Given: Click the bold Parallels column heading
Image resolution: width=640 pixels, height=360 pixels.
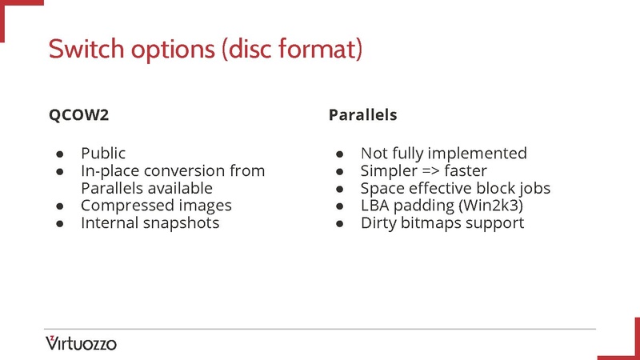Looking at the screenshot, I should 362,115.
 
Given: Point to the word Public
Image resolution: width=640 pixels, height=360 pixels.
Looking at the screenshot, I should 103,153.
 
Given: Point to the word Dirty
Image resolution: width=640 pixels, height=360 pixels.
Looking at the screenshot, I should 378,223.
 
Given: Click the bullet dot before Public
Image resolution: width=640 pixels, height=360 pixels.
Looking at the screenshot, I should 59,154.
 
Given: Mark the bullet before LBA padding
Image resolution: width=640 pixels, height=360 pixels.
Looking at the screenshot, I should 339,206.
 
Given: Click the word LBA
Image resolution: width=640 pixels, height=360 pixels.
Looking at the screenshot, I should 374,206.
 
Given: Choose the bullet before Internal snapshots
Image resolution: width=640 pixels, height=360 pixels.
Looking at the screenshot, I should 59,224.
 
